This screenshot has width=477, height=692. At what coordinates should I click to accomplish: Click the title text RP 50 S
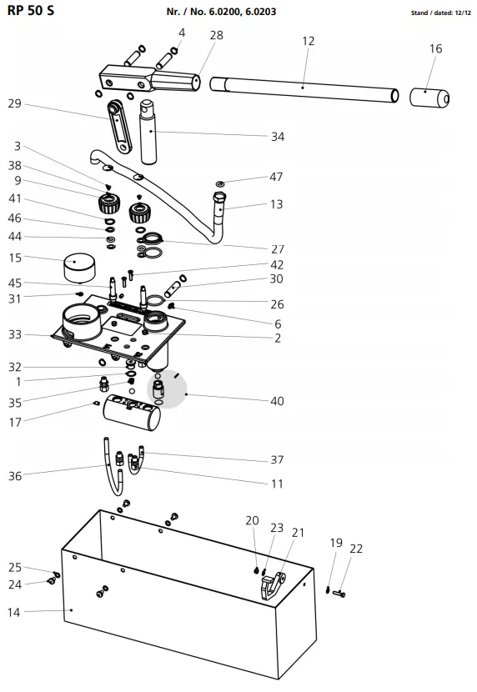(x=31, y=11)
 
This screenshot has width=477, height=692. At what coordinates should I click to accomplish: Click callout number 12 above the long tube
(x=308, y=41)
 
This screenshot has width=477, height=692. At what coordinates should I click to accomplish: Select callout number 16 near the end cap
(x=435, y=48)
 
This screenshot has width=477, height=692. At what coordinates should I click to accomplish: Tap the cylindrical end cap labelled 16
(x=429, y=98)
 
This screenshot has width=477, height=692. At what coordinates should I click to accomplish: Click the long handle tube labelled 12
(x=304, y=89)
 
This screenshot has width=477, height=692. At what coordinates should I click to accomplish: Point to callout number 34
(x=278, y=137)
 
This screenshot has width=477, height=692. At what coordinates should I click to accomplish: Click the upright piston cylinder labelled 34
(x=148, y=132)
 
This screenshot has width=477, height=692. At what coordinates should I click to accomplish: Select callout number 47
(x=276, y=177)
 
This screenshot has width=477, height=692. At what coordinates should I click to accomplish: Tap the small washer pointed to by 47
(x=220, y=183)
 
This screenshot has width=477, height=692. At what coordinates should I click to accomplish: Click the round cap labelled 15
(x=80, y=268)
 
